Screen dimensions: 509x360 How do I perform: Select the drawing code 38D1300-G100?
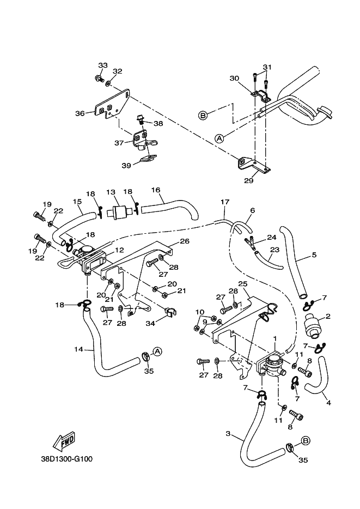coord(66,459)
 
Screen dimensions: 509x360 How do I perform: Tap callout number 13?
coord(111,192)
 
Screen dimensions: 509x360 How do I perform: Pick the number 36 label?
coord(80,113)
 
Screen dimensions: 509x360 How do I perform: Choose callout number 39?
coord(126,165)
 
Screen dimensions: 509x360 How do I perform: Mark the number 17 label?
coord(224,202)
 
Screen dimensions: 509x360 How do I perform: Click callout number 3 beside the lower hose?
coord(228,434)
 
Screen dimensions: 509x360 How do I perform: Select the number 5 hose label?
coord(314,254)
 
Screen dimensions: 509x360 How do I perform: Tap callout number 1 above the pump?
coord(275,338)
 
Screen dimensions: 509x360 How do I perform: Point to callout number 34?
coord(149,324)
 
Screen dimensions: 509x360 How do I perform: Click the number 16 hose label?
coord(156,190)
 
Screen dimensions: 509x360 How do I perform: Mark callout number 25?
coord(242,284)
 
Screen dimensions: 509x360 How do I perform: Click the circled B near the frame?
coord(203,116)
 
